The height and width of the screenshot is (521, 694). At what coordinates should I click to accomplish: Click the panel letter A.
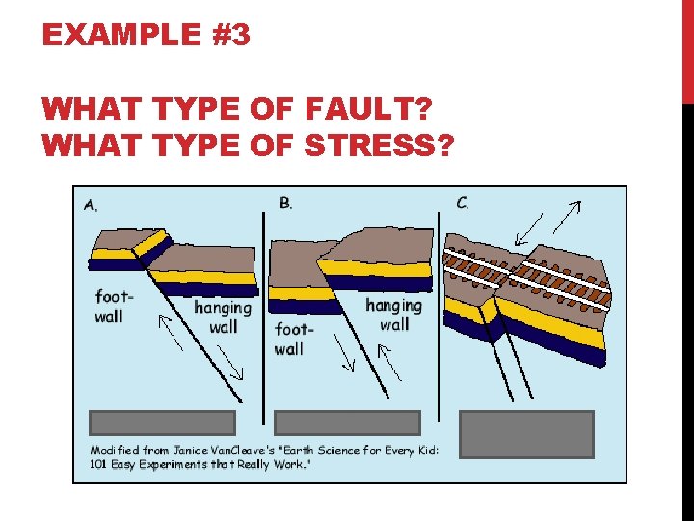91,204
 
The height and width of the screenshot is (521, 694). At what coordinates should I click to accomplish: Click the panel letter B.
286,203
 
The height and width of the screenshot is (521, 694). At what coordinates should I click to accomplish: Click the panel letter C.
464,203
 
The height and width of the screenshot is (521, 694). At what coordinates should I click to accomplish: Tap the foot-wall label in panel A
114,306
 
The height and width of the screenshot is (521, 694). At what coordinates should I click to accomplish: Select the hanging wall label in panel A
223,316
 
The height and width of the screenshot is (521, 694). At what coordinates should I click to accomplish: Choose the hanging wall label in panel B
393,315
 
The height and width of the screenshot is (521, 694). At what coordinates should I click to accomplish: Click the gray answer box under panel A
162,423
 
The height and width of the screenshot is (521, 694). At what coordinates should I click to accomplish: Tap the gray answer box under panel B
347,423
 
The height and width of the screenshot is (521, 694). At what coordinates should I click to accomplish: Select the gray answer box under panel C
526,433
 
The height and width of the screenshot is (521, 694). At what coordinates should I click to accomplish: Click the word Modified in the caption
116,450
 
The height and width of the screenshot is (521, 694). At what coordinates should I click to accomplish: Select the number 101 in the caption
101,464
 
